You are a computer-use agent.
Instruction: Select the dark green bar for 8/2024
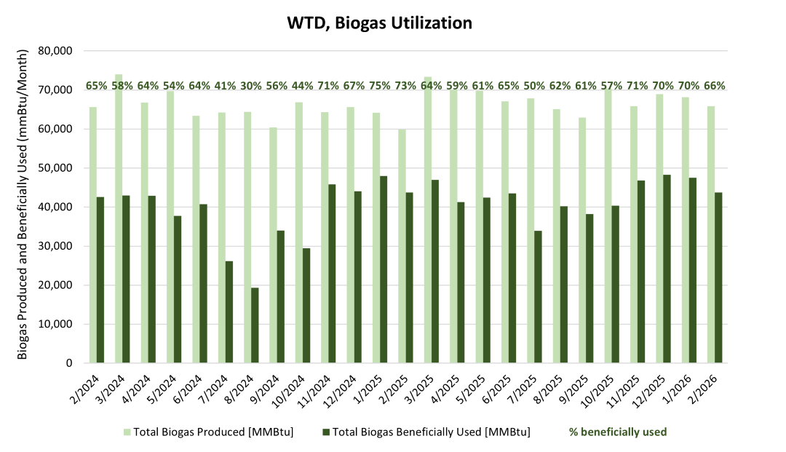point(255,325)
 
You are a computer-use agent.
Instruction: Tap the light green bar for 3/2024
point(118,218)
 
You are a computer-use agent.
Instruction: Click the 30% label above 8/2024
point(251,86)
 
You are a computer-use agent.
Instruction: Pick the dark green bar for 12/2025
point(667,269)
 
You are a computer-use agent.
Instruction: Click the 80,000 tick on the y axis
point(57,51)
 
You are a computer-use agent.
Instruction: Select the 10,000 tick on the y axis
point(57,324)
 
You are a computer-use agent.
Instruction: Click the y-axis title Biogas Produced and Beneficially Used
point(23,205)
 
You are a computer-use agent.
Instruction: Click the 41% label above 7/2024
point(226,86)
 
